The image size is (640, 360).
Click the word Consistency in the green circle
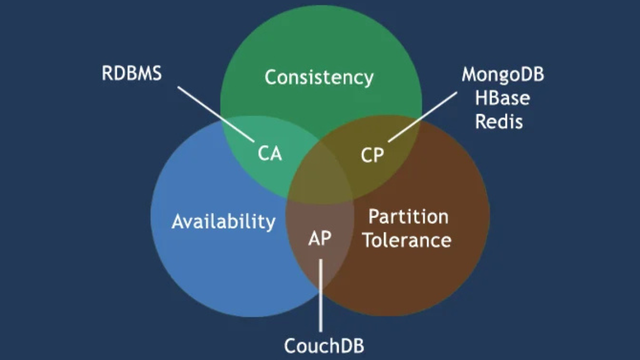319,78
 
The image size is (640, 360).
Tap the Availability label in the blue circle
223,221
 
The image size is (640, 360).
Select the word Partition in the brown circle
409,217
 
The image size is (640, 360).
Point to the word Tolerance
407,240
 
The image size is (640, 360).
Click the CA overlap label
269,154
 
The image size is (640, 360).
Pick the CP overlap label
372,156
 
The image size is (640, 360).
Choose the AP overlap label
319,238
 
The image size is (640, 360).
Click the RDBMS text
131,74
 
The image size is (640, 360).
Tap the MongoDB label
502,75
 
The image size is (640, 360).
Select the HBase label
503,99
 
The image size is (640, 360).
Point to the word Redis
499,122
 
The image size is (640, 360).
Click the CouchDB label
324,346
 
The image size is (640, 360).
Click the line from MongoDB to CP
422,116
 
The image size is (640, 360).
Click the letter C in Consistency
271,78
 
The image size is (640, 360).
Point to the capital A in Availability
178,221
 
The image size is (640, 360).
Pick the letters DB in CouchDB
353,346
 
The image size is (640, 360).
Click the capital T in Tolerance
368,240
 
